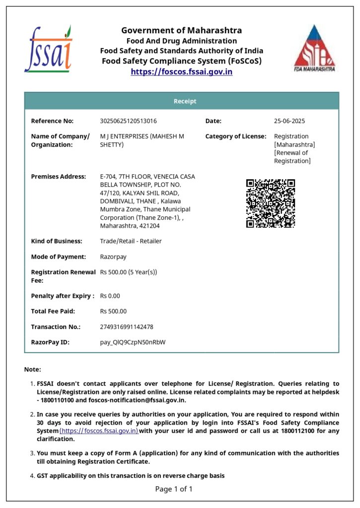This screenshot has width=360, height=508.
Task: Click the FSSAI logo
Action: [x=48, y=49]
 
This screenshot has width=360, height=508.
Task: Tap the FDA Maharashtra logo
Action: [x=315, y=49]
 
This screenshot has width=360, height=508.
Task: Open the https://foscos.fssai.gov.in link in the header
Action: [x=182, y=71]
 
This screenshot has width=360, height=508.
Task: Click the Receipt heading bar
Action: [x=182, y=101]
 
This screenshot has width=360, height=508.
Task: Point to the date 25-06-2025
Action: [x=289, y=121]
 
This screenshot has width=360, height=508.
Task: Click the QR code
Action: [x=271, y=203]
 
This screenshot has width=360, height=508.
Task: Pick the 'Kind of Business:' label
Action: [x=57, y=241]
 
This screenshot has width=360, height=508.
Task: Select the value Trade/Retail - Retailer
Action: [x=131, y=241]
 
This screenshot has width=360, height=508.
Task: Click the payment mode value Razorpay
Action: [x=114, y=257]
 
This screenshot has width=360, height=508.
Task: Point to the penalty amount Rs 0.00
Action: [x=110, y=296]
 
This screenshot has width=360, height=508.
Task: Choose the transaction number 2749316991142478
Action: [x=127, y=327]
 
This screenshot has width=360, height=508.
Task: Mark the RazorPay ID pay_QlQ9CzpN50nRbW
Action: [x=133, y=342]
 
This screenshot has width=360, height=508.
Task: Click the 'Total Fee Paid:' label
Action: [x=53, y=312]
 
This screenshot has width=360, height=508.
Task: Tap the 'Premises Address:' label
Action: [x=59, y=177]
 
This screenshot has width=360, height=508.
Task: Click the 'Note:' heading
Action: [x=33, y=370]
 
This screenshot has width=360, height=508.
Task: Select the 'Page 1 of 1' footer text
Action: [x=174, y=489]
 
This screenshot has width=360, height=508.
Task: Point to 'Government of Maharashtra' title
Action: [x=182, y=30]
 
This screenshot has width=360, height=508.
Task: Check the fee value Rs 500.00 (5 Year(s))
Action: [x=129, y=272]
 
